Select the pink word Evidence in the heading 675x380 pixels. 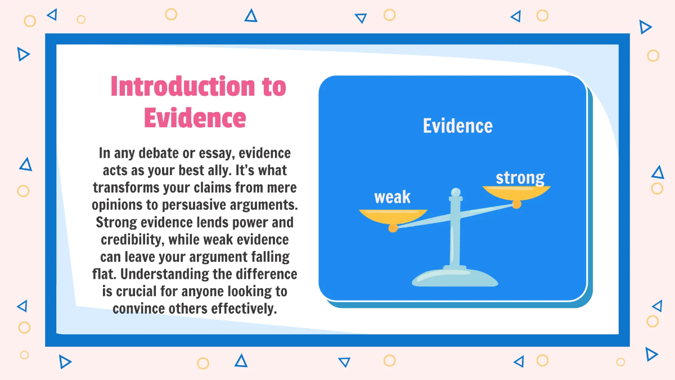coord(195,118)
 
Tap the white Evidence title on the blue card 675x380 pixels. coord(457,126)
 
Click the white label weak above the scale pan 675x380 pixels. coord(392,198)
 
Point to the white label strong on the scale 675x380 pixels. coord(520,178)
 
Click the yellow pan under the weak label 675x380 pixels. coord(393,216)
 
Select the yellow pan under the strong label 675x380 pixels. coord(516,193)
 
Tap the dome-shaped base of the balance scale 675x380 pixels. coord(455,278)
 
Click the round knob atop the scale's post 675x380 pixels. coord(456,192)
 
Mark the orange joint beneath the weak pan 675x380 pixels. coord(393,228)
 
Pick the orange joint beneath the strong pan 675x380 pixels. coord(516,204)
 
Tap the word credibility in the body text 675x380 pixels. coord(133,240)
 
